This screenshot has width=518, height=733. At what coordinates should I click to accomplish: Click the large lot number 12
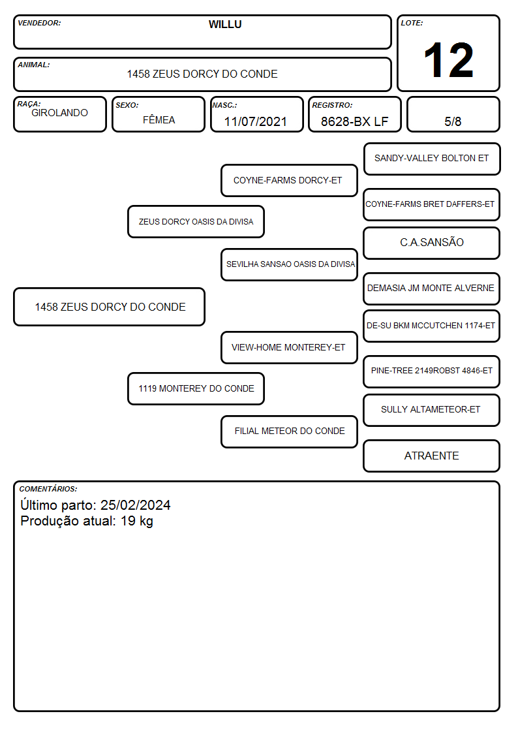tap(448, 60)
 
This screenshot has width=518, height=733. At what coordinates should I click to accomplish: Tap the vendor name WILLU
tap(225, 25)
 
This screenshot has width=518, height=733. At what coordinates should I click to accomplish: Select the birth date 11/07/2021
tap(256, 121)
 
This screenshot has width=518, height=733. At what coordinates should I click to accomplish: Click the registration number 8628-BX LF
tap(354, 121)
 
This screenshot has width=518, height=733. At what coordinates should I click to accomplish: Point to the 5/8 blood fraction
tap(453, 121)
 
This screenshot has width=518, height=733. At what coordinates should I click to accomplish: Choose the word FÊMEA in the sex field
tap(159, 119)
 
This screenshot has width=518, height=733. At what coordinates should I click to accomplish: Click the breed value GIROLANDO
tap(59, 113)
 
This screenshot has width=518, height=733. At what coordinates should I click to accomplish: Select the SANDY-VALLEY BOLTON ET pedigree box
tap(432, 159)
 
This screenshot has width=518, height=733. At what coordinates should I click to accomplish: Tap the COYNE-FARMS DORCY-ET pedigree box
tap(289, 180)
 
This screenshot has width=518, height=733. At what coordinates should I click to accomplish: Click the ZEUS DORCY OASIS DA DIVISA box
tap(196, 221)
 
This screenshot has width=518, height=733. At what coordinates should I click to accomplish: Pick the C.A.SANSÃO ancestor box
tap(432, 243)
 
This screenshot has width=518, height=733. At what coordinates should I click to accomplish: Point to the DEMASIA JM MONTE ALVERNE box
tap(432, 289)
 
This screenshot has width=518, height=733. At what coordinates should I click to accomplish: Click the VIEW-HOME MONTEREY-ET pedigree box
tap(289, 347)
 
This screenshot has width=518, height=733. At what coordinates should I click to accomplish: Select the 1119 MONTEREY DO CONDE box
tap(196, 388)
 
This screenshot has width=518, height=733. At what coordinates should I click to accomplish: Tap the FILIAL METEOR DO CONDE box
tap(289, 431)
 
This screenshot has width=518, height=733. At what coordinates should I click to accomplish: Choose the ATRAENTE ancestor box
tap(432, 456)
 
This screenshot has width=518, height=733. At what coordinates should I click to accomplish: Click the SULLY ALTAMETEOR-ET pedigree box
tap(432, 410)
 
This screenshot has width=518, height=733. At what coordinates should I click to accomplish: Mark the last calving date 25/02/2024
tap(136, 505)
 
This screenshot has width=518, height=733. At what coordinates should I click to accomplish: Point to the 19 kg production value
tap(137, 522)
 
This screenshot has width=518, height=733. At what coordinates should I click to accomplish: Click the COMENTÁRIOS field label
tap(48, 489)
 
